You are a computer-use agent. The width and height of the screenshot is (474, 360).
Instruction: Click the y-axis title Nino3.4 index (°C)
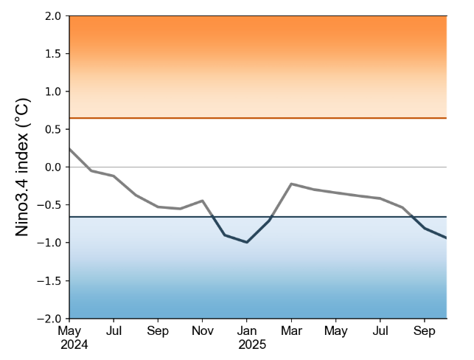click(23, 167)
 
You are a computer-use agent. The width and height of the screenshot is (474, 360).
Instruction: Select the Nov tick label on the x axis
click(202, 330)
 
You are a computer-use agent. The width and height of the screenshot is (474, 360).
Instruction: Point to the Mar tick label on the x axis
click(291, 330)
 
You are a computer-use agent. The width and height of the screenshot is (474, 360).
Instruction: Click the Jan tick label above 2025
click(247, 330)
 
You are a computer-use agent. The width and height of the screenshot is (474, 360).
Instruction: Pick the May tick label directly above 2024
click(70, 330)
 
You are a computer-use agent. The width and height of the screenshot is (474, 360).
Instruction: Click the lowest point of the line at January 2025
click(247, 242)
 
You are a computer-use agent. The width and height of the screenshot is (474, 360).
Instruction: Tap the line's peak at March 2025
click(291, 184)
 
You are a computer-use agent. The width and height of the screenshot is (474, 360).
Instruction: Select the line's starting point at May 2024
click(70, 149)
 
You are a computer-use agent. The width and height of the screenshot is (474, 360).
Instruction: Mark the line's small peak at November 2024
click(202, 201)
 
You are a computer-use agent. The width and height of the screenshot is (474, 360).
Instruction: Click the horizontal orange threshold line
click(258, 118)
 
